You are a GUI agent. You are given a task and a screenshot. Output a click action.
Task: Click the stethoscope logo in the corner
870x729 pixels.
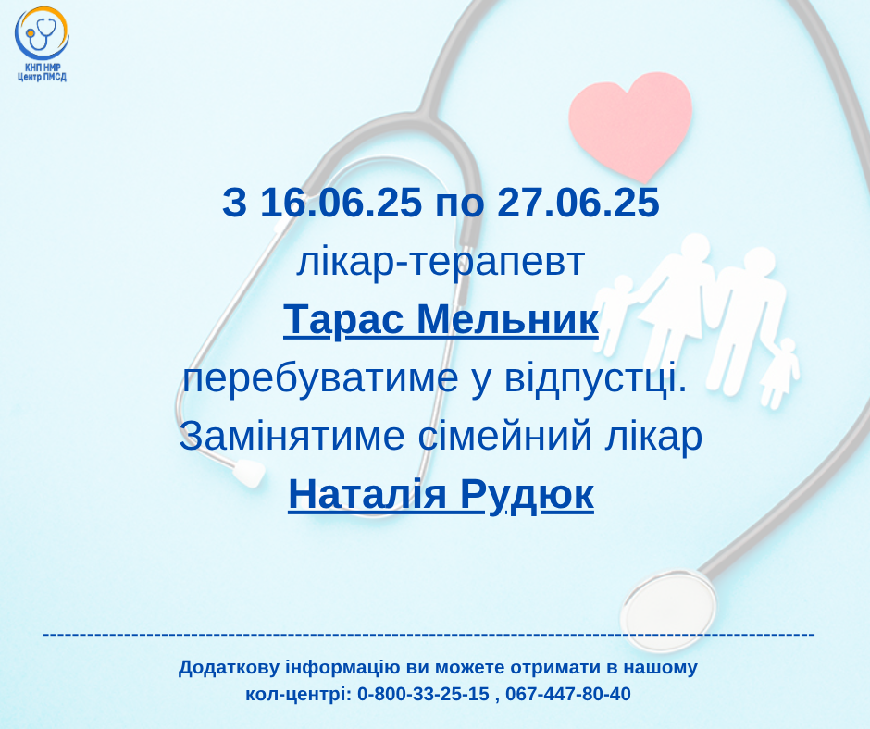click(x=42, y=33)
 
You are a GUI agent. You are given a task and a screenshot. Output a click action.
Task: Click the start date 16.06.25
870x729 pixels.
click(x=341, y=202)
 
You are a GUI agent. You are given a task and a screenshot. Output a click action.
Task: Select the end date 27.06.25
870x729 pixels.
click(x=578, y=202)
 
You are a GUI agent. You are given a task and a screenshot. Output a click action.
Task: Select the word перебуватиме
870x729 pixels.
click(x=321, y=378)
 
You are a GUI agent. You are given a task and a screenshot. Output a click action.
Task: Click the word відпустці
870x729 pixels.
click(x=596, y=378)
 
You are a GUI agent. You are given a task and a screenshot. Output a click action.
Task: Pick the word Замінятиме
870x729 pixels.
click(x=292, y=437)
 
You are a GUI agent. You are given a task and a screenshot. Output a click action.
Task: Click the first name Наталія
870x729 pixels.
click(x=367, y=494)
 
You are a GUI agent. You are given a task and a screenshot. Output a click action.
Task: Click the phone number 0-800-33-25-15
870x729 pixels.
click(x=423, y=694)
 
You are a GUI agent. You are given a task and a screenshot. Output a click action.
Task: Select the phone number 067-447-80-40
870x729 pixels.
click(x=568, y=694)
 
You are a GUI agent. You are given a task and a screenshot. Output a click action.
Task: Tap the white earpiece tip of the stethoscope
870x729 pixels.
click(x=249, y=473)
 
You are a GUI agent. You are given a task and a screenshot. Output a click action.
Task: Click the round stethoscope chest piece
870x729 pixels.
click(x=668, y=611)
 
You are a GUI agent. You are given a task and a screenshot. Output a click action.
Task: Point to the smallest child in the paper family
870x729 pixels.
click(x=781, y=373)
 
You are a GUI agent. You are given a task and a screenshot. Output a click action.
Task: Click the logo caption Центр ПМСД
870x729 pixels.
click(x=43, y=77)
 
